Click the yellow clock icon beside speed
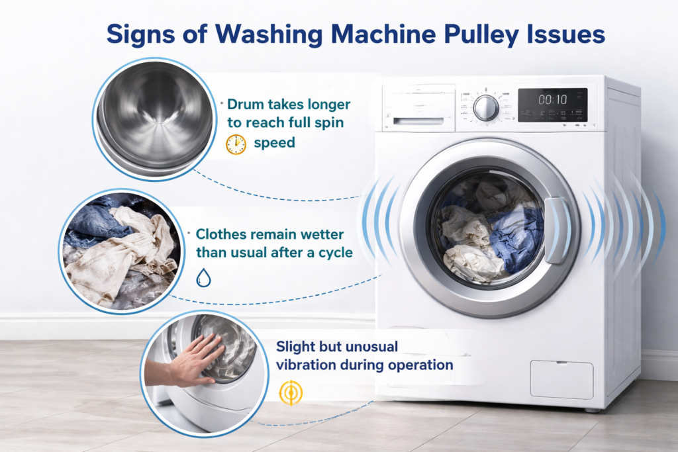pos(236,144)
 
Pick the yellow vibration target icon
pos(289,392)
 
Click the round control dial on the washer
pos(486,108)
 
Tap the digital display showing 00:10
pos(552,100)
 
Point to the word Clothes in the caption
pos(220,234)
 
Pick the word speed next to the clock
pos(274,143)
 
